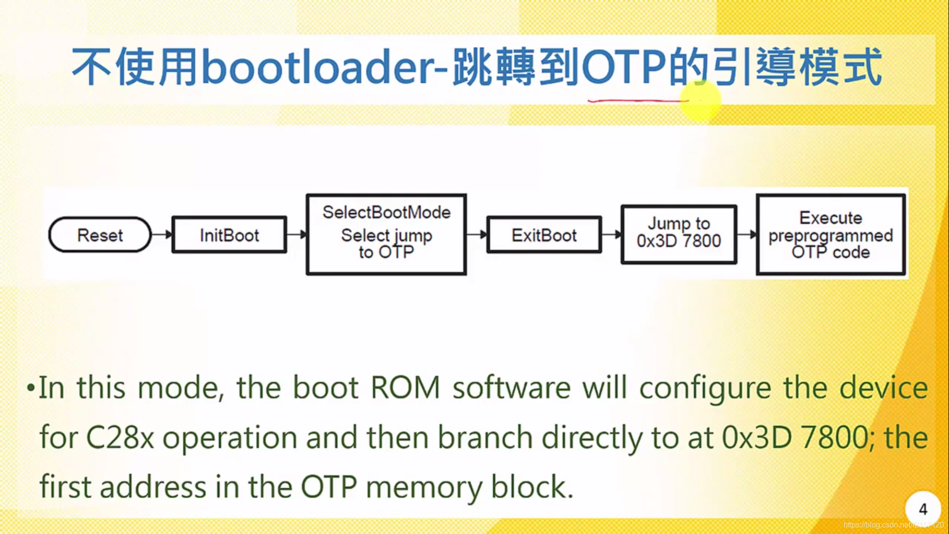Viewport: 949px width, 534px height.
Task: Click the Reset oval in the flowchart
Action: tap(100, 235)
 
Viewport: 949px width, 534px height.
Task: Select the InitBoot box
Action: tap(229, 235)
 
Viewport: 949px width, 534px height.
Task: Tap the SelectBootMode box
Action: tap(386, 234)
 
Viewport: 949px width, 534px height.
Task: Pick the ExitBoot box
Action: tap(544, 235)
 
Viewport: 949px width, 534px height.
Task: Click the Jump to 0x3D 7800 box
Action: tap(679, 234)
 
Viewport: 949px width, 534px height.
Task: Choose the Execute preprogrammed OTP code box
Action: tap(830, 234)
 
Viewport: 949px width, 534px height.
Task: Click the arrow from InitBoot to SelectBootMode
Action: tap(297, 234)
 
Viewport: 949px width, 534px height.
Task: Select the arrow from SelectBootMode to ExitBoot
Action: tap(477, 234)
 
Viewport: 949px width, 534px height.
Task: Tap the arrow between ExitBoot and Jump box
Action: tap(611, 234)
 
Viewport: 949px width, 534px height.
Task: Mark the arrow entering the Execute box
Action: tap(747, 234)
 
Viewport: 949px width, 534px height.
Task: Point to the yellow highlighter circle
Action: tap(700, 101)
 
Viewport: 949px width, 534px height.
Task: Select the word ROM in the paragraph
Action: tap(405, 388)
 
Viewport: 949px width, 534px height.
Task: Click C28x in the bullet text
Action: tap(120, 437)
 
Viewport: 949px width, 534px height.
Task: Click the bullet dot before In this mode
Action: tap(31, 388)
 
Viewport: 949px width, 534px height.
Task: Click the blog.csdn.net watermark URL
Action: tap(894, 525)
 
